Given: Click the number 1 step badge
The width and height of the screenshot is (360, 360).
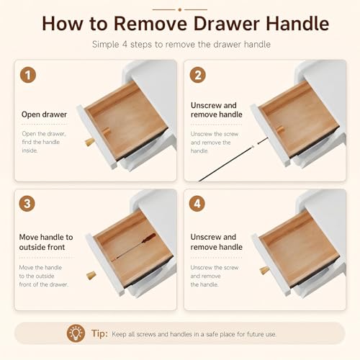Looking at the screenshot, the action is [x=28, y=75].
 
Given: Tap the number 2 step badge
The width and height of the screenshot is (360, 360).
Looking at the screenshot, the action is [x=198, y=75].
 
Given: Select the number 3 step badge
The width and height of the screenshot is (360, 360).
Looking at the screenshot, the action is [x=27, y=204].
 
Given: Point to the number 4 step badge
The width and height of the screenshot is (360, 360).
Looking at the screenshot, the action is [x=197, y=204].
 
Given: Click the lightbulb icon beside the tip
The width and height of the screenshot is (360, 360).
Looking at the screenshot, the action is [x=76, y=333].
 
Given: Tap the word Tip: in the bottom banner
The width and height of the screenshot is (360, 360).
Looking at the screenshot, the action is [x=99, y=333].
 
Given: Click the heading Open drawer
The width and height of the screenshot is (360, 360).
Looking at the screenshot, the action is [x=44, y=114].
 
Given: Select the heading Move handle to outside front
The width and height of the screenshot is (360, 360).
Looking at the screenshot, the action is [x=46, y=242].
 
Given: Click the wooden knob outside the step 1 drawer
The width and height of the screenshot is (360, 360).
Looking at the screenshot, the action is [x=90, y=142].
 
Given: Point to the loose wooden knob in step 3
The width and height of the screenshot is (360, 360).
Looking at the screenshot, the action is [x=91, y=275].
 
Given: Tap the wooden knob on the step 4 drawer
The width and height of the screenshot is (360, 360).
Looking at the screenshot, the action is [x=264, y=270].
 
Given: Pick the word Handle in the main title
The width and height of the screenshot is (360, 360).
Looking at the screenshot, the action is [x=297, y=24].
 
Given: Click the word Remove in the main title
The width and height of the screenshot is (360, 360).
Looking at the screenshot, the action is [x=150, y=24].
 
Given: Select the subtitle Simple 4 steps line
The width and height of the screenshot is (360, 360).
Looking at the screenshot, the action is [x=181, y=45].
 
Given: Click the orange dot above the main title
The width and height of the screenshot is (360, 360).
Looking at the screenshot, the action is [x=180, y=10].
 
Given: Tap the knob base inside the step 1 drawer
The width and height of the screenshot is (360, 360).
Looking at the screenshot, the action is [x=106, y=131].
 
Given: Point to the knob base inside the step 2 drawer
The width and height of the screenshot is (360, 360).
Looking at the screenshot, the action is [x=280, y=130].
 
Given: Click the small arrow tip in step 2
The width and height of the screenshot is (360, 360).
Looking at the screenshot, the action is [x=258, y=143].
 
